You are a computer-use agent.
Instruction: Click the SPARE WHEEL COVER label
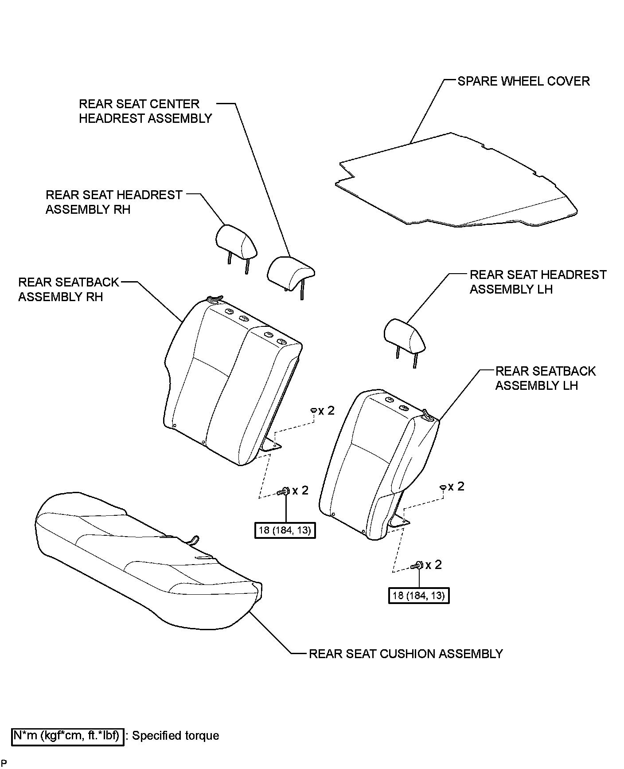tap(523, 82)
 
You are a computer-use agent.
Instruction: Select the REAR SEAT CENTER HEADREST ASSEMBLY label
tap(145, 111)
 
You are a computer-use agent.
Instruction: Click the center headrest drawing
tap(290, 271)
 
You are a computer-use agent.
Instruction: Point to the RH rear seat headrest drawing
tap(237, 242)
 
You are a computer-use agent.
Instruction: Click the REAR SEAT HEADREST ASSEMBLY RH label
tap(114, 202)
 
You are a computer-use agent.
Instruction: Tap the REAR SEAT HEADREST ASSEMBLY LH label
tap(538, 282)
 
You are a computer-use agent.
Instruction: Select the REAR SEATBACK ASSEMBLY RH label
tap(69, 290)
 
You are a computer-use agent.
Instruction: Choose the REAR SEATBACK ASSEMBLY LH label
tap(545, 378)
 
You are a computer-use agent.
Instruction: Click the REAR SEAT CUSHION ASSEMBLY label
tap(406, 654)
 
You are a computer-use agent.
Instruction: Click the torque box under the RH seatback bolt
tap(285, 530)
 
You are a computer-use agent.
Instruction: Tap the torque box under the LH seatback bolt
tap(419, 595)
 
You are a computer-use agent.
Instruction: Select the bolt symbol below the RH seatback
tap(283, 491)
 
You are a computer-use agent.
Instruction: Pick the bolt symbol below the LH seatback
tap(417, 565)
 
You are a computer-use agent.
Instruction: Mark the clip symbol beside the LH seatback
tap(443, 487)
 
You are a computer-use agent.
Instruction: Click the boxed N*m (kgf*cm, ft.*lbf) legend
tap(67, 736)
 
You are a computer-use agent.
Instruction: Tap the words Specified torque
tap(176, 736)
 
